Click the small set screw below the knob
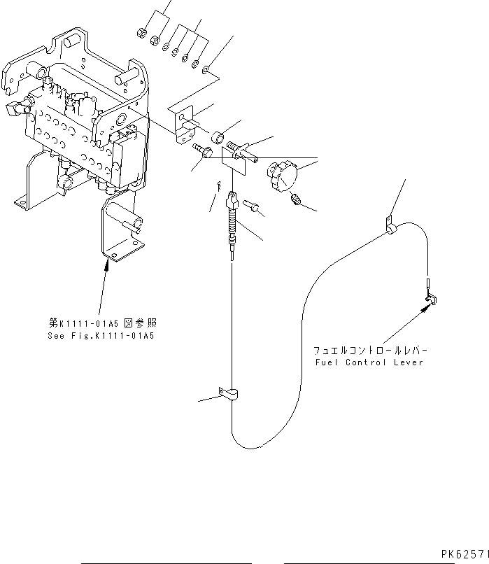[296, 202]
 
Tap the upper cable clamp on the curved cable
[390, 228]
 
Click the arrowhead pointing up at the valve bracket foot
[108, 264]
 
